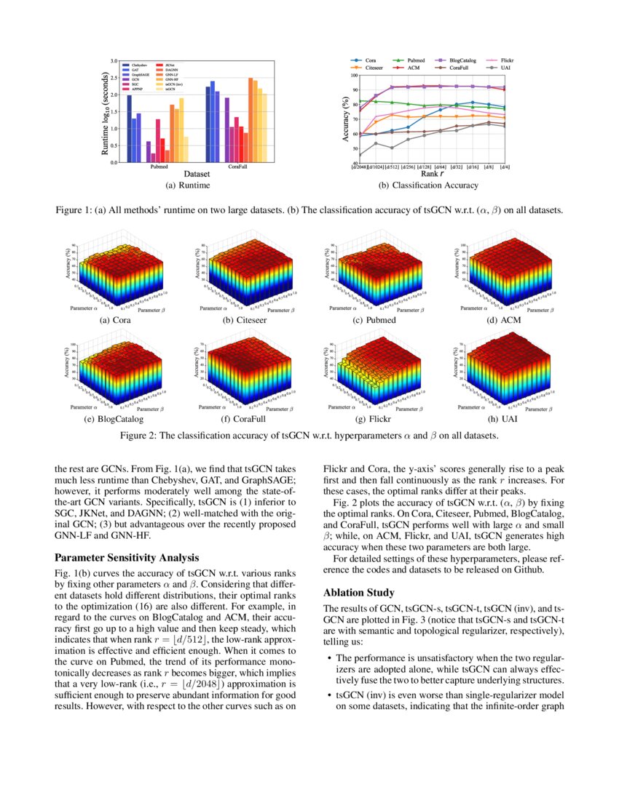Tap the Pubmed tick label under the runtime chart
coord(159,167)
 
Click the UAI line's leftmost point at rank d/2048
coord(360,155)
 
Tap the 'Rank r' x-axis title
coord(430,175)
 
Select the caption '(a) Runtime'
coord(188,185)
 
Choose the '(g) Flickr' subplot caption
coord(376,420)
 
